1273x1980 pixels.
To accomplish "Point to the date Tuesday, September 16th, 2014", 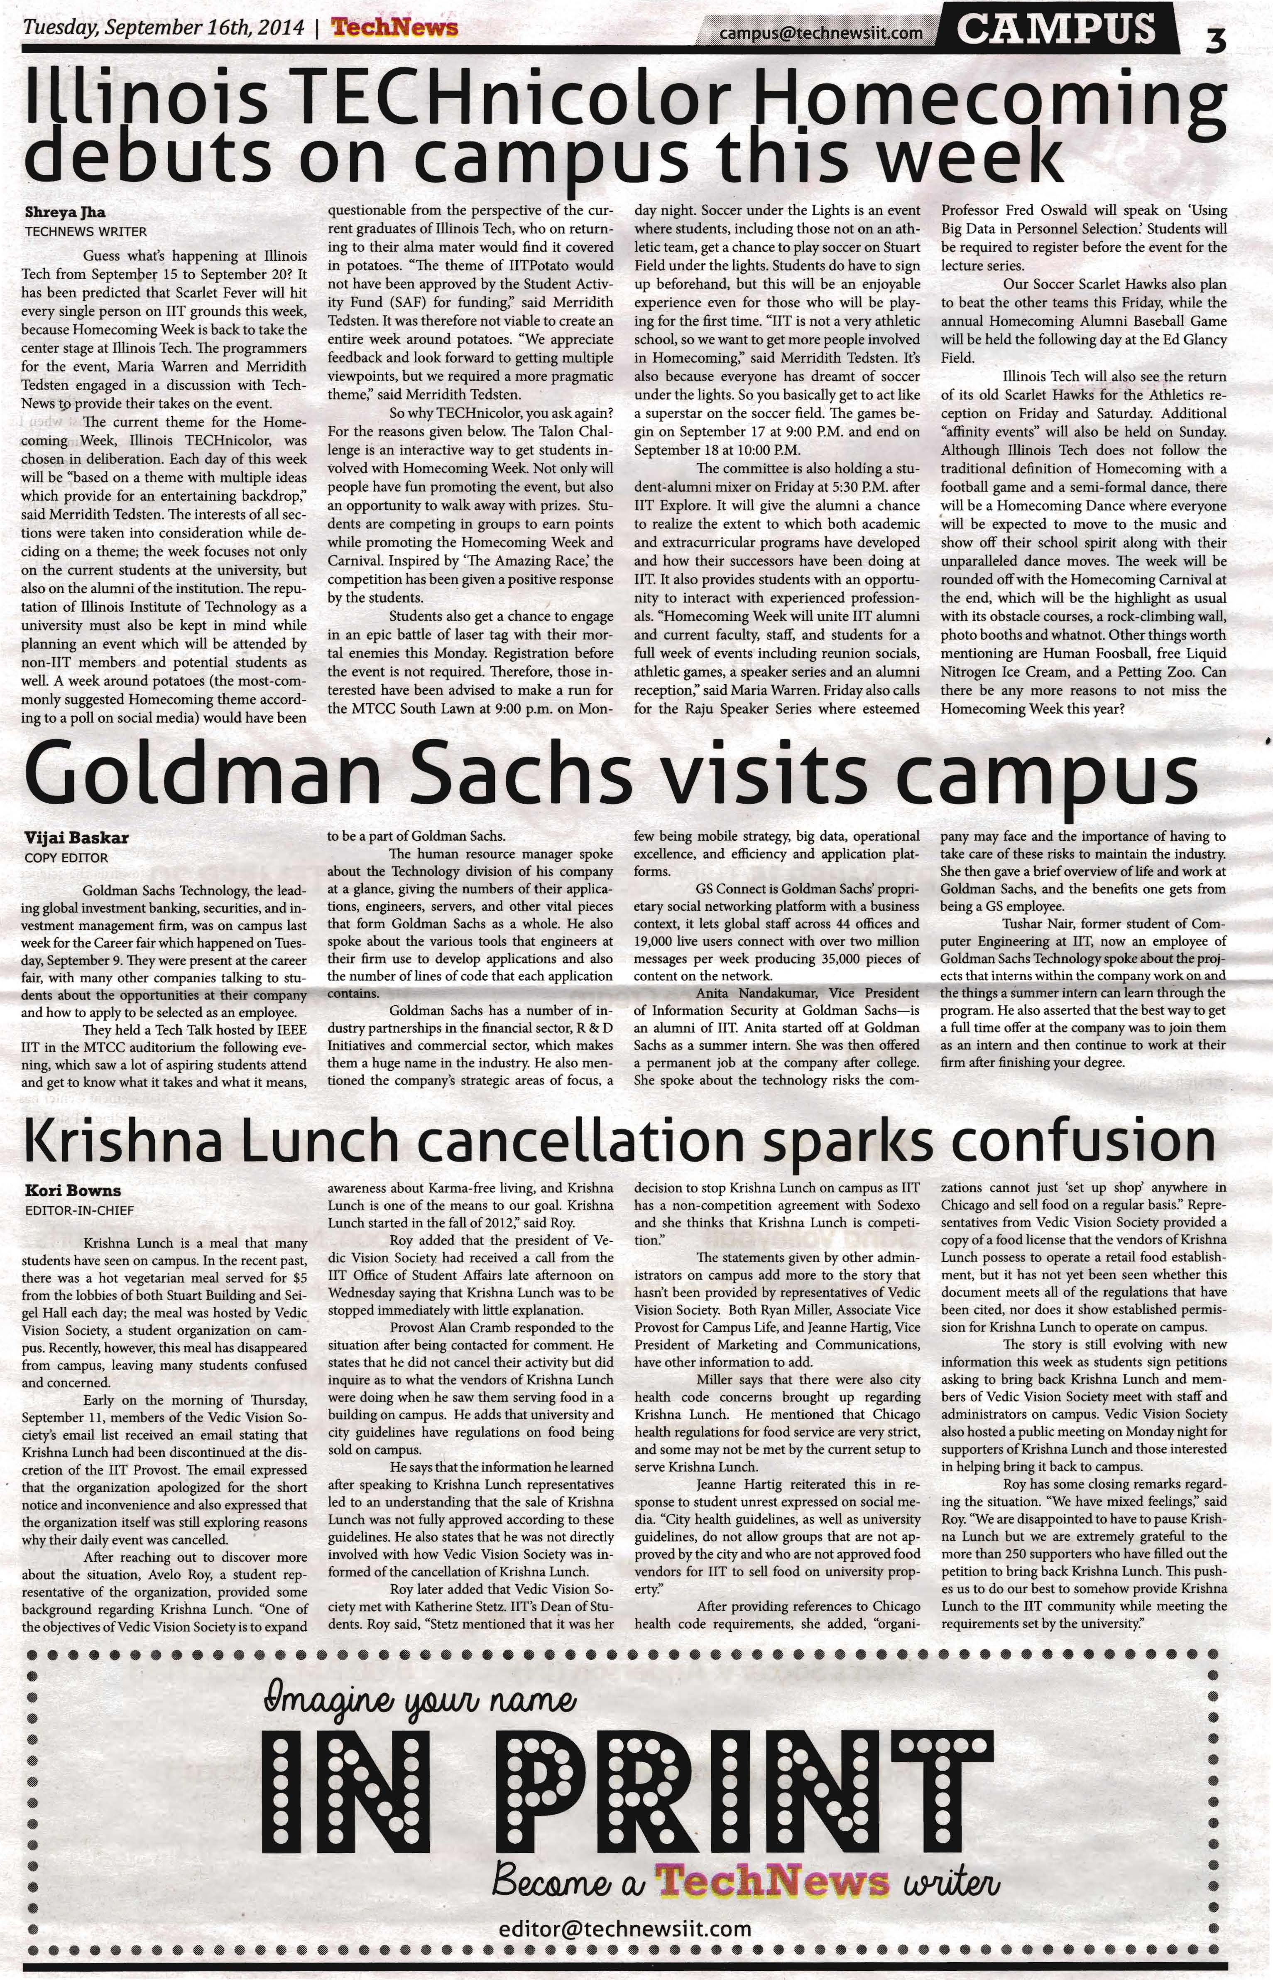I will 163,27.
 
